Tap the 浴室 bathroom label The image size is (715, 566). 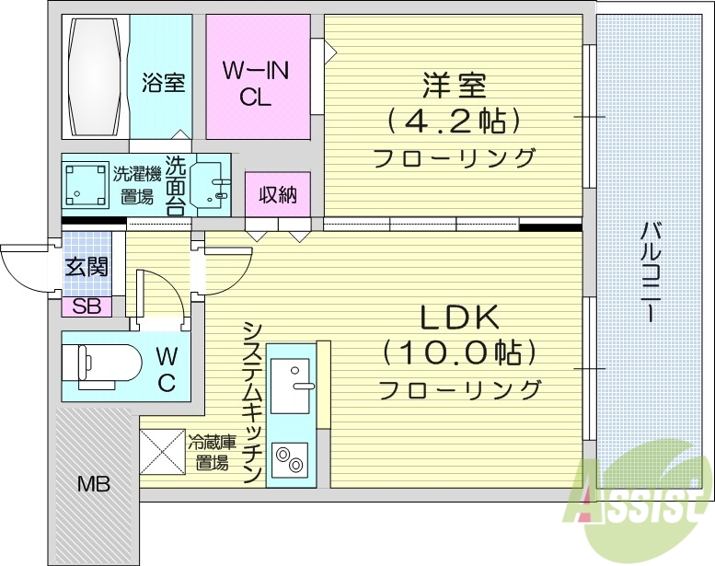163,83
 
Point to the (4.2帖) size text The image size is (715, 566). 453,121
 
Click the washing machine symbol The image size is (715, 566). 86,184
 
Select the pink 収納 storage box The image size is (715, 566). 277,195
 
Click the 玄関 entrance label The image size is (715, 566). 86,267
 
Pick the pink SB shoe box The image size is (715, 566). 86,306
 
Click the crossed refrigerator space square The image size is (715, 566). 162,453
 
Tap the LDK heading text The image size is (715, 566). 459,318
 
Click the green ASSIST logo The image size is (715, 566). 634,497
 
